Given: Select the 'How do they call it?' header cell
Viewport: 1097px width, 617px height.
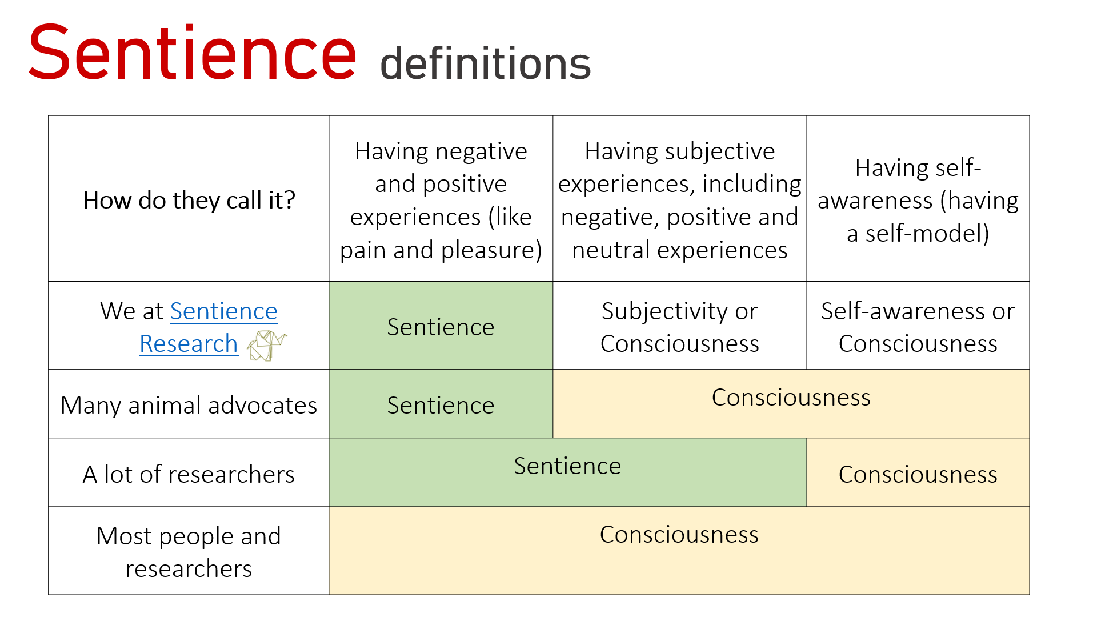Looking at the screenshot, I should [x=189, y=200].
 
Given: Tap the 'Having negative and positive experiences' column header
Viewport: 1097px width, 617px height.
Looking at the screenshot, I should [x=441, y=200].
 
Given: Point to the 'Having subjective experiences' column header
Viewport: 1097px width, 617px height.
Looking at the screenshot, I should [x=679, y=200].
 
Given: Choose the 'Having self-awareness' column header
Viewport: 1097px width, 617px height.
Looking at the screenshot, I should [x=918, y=200].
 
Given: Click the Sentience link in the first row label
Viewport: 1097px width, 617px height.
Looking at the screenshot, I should [x=223, y=311].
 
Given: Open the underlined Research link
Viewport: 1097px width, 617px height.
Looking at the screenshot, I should [x=189, y=344].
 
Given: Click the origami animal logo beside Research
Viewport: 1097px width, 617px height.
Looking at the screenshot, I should [x=266, y=346].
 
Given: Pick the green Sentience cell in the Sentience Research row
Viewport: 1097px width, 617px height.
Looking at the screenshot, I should [x=441, y=327].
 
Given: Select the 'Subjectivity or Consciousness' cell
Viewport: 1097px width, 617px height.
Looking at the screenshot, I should [x=679, y=327].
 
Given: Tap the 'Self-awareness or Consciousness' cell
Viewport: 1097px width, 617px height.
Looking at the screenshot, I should [x=918, y=327].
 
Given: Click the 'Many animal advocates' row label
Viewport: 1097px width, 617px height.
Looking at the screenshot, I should [x=189, y=405].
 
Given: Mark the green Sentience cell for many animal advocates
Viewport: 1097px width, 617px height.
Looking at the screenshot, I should [x=441, y=405].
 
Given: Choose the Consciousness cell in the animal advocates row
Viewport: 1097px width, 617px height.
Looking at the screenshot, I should [x=791, y=398].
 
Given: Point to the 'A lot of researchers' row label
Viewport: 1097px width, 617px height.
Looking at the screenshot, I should [x=189, y=474].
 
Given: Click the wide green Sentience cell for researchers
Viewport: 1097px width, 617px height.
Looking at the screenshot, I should [x=567, y=466].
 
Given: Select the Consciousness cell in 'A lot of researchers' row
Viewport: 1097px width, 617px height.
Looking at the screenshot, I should [x=918, y=474].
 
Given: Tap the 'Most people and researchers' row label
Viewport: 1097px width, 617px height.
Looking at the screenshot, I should [x=189, y=552].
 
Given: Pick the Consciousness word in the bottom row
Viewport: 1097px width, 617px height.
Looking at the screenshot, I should [x=679, y=535].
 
